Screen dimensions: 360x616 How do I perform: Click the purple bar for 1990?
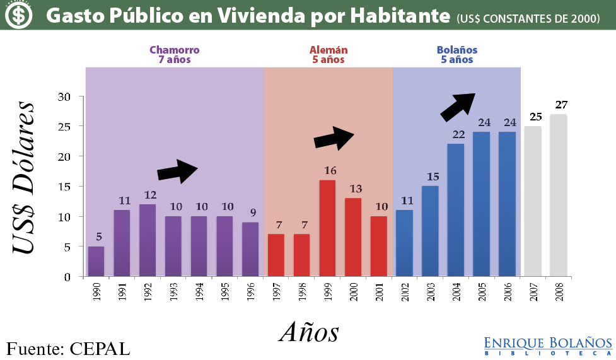(96, 261)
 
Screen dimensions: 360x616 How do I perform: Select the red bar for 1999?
(327, 228)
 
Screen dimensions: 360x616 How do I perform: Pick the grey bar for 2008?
(559, 195)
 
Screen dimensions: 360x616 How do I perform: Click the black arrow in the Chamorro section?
(178, 171)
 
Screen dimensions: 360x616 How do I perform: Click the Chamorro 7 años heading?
(175, 55)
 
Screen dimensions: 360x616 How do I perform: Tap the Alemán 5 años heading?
(328, 55)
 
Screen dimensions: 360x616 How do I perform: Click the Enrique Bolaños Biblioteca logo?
(548, 346)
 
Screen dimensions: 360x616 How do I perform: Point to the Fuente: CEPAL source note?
(68, 348)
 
